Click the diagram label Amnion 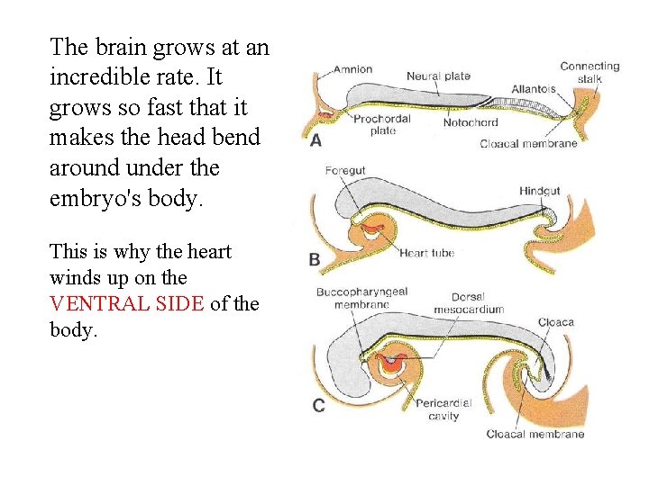352,68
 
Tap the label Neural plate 438,76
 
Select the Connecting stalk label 590,73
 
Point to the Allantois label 534,89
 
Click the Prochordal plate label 382,124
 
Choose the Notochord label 471,122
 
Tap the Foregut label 345,170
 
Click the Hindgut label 539,191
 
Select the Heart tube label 427,253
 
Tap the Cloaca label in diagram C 555,322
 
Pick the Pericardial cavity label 443,409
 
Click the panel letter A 315,140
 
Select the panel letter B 315,259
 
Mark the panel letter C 318,406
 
